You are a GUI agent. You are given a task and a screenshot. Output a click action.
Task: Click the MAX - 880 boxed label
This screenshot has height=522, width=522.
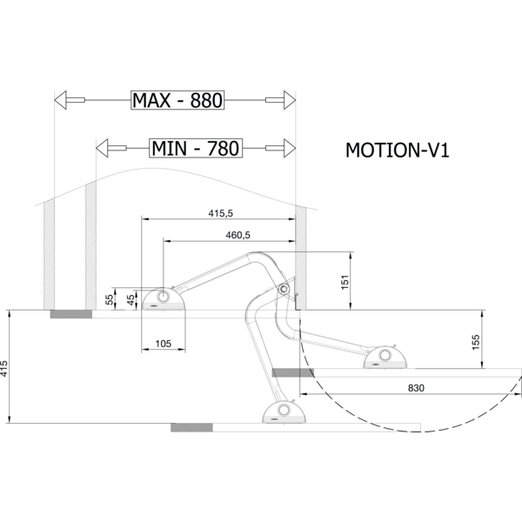[x=177, y=100]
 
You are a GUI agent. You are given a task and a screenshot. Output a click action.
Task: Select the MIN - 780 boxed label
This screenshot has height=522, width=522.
[x=196, y=148]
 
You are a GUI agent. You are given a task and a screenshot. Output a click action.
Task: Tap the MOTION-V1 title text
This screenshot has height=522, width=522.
[x=398, y=151]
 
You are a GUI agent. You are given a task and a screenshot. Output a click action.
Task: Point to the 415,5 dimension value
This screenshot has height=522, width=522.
[x=221, y=213]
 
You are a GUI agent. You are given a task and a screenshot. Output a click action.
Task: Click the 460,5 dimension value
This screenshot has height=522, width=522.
[x=238, y=235]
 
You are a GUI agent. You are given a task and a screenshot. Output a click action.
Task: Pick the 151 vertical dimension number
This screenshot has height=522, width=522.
[x=345, y=282]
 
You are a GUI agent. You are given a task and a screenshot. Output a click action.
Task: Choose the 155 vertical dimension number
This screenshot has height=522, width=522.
[x=476, y=342]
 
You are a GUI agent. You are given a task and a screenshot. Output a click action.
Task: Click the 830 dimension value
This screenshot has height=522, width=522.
[x=416, y=388]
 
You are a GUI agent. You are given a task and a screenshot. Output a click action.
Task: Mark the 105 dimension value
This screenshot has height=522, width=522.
[x=164, y=344]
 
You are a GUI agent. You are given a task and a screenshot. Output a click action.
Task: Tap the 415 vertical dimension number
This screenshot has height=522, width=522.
[x=3, y=369]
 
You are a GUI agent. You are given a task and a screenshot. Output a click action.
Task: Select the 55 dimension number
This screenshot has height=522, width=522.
[x=110, y=299]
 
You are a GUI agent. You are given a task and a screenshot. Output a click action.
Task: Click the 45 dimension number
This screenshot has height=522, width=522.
[x=131, y=299]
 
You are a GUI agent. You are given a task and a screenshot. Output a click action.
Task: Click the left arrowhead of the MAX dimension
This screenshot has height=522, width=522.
[x=60, y=100]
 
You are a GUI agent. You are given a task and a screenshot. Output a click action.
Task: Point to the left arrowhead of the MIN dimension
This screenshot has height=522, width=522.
[x=102, y=148]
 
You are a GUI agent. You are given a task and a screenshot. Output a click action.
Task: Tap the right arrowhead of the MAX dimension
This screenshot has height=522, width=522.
[x=290, y=100]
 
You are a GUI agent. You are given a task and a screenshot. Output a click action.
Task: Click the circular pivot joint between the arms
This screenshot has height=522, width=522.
[x=284, y=289]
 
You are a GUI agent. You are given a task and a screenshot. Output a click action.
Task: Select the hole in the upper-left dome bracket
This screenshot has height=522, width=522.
[x=164, y=297]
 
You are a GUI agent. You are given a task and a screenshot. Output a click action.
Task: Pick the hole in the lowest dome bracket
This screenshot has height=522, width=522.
[x=284, y=410]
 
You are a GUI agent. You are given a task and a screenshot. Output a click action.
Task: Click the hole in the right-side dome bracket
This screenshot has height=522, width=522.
[x=385, y=355]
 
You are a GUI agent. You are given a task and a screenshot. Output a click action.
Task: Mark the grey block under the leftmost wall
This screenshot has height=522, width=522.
[x=71, y=314]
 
